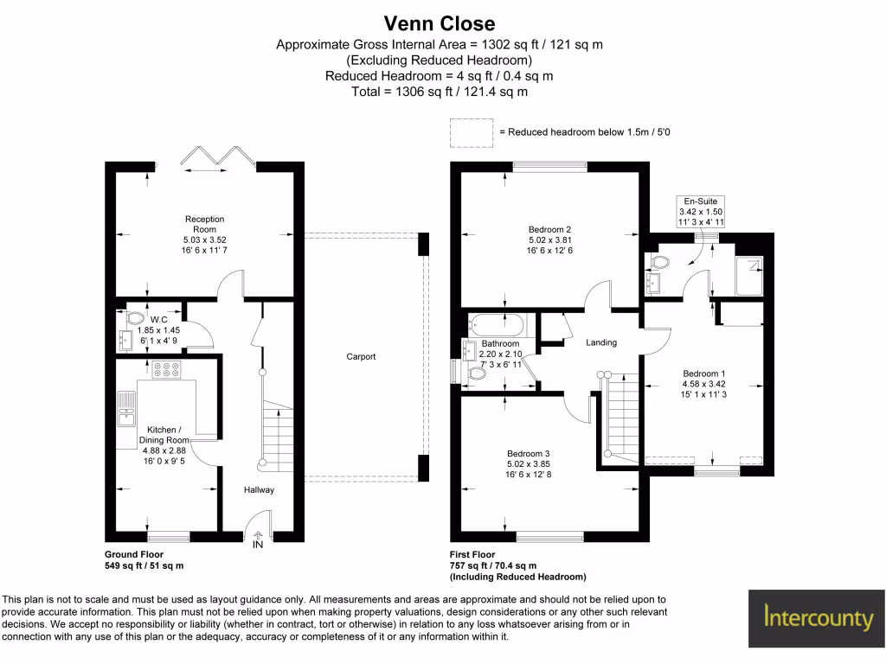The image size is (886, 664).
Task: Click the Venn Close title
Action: pos(440,23)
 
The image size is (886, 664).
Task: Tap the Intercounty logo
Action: pos(817,618)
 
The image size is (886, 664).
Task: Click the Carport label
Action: pos(361,356)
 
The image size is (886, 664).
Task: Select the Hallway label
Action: pos(259,489)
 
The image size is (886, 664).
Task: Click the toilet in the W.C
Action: pos(134,318)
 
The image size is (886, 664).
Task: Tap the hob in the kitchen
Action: pos(167,369)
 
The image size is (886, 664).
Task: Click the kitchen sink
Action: pos(126,409)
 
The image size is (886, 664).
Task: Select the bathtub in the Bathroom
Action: pos(497,325)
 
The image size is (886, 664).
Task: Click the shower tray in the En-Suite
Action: pos(749,276)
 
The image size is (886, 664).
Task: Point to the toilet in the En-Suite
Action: pos(658,262)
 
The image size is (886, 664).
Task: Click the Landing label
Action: pos(601,342)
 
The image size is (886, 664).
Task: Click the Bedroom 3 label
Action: pos(529,453)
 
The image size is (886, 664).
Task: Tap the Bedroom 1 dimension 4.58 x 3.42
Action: pos(704,384)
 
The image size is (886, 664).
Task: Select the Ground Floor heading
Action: pos(134,554)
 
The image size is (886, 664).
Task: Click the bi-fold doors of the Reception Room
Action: pos(217,156)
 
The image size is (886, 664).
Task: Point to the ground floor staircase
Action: pos(277,435)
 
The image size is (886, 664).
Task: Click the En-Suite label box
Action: pos(701,212)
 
